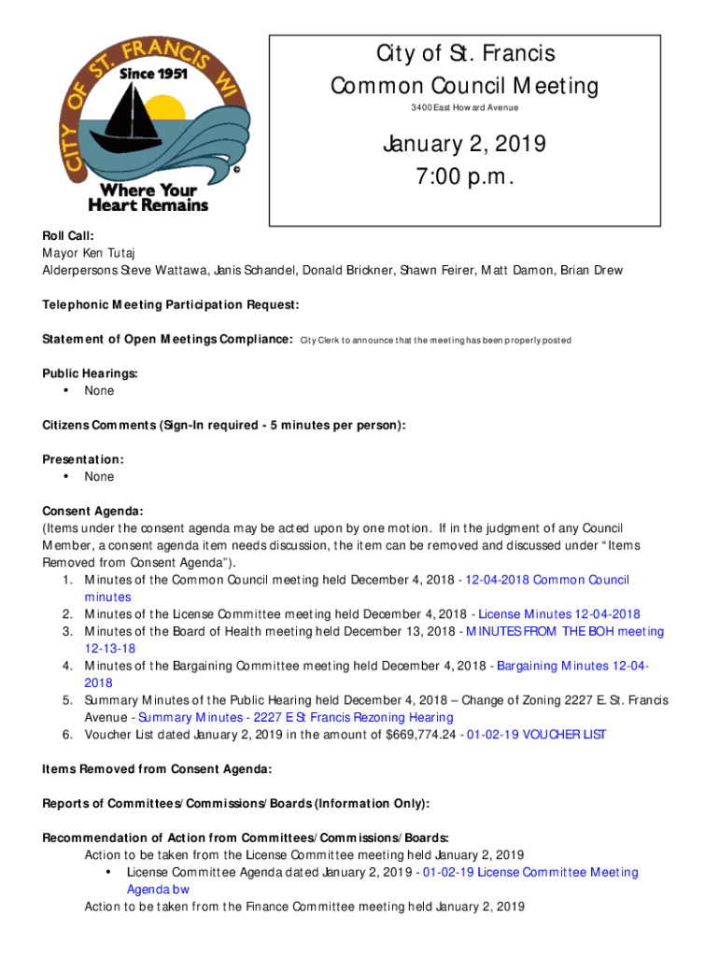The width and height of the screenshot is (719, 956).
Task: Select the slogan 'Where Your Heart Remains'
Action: [x=148, y=197]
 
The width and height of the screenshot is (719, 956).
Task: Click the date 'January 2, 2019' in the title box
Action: [x=464, y=145]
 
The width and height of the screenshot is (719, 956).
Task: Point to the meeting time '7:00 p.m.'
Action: [x=464, y=177]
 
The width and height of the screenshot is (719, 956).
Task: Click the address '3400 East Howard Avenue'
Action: [x=464, y=108]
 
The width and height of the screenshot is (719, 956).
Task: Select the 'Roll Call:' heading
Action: [x=67, y=237]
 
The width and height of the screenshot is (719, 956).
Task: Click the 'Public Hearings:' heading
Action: [x=90, y=373]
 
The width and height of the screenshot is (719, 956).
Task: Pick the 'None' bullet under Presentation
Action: [x=99, y=477]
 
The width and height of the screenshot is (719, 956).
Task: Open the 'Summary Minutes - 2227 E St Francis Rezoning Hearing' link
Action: [x=295, y=717]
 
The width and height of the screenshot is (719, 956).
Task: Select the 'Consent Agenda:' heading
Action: [x=92, y=511]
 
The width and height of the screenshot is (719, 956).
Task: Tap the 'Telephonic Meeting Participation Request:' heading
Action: [x=170, y=305]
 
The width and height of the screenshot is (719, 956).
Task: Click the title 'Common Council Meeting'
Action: [x=464, y=86]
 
